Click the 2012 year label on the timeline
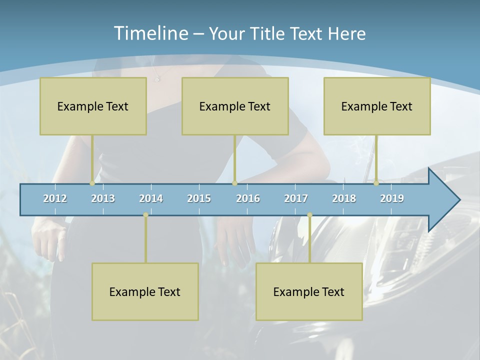[x=55, y=198]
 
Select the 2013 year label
[x=103, y=198]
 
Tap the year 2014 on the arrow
[x=151, y=198]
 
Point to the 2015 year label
[x=199, y=198]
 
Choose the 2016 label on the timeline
[x=248, y=198]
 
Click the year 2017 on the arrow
[x=296, y=198]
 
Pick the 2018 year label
[x=344, y=198]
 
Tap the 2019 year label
[x=392, y=198]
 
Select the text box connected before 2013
[x=93, y=106]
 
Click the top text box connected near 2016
[x=235, y=106]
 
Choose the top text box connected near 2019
[x=377, y=106]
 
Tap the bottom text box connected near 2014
[x=145, y=291]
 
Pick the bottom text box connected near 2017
[x=309, y=291]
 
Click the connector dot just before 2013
[x=92, y=183]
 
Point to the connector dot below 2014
[x=145, y=215]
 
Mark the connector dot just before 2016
[x=234, y=183]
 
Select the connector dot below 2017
[x=309, y=215]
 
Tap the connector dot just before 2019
[x=376, y=183]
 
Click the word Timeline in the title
[x=150, y=33]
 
